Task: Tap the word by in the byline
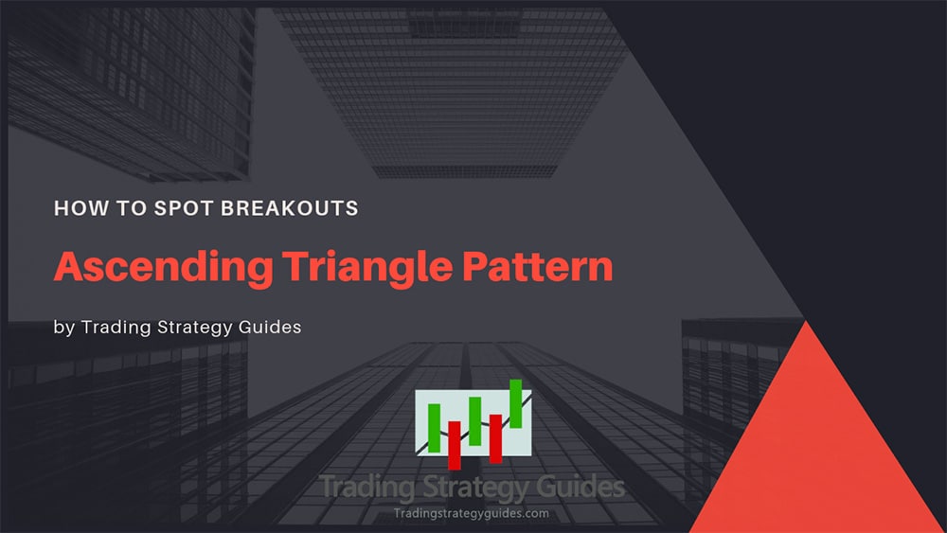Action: click(63, 329)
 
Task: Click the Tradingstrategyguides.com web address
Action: click(471, 513)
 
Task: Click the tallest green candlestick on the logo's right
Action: click(516, 402)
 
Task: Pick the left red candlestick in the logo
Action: click(455, 444)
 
